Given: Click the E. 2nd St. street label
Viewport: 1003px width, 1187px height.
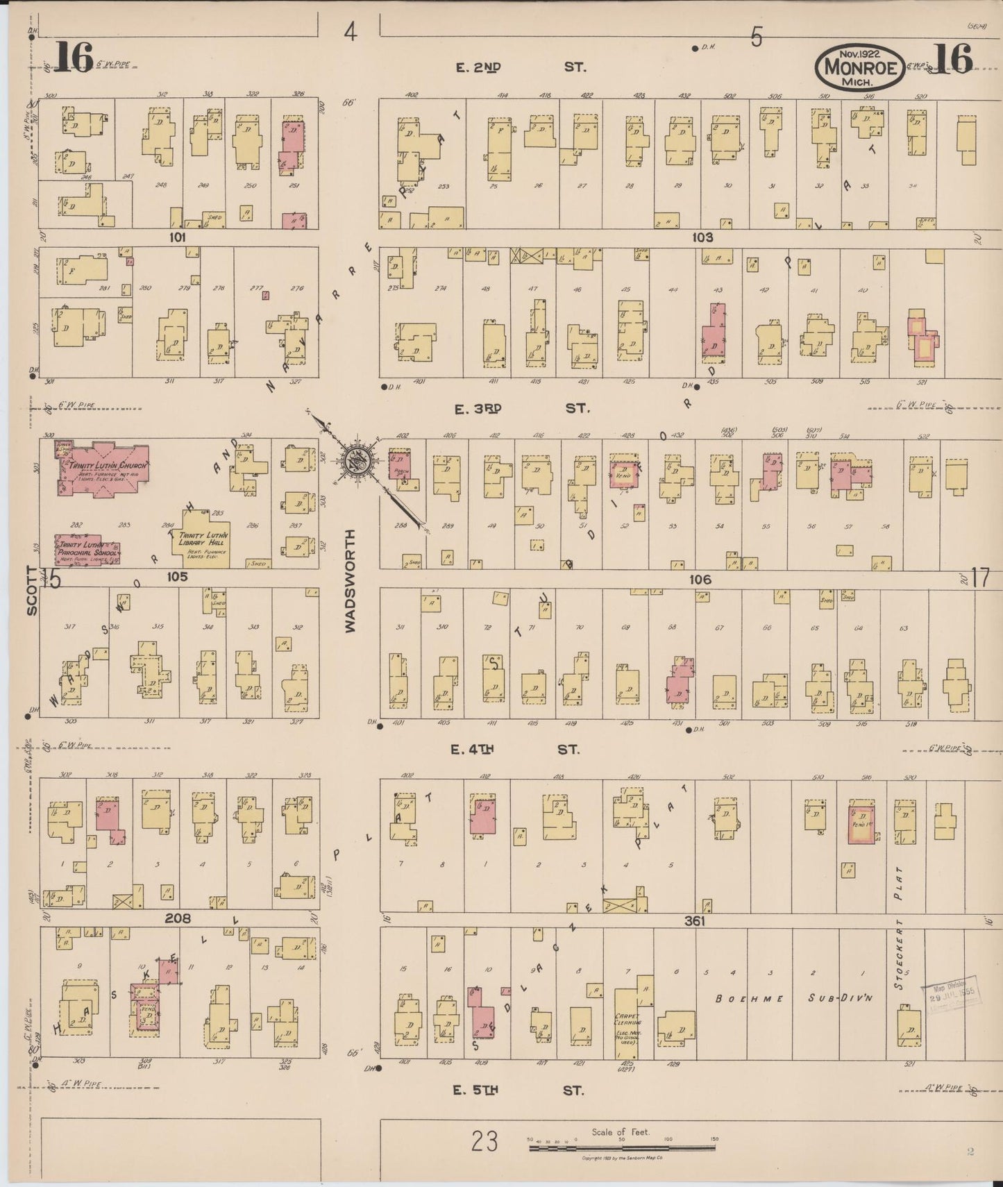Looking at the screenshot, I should coord(521,67).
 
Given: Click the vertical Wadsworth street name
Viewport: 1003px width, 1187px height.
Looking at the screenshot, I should coord(351,580).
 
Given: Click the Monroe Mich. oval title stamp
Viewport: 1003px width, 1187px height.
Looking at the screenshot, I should coord(860,67).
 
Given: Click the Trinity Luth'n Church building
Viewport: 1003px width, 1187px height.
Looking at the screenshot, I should coord(102,469).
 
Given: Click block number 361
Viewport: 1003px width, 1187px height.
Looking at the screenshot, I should coord(694,921).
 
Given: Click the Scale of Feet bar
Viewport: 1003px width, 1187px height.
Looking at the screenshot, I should coord(621,1148).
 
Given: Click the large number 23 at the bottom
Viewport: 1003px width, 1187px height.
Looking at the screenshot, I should coord(484,1141).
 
